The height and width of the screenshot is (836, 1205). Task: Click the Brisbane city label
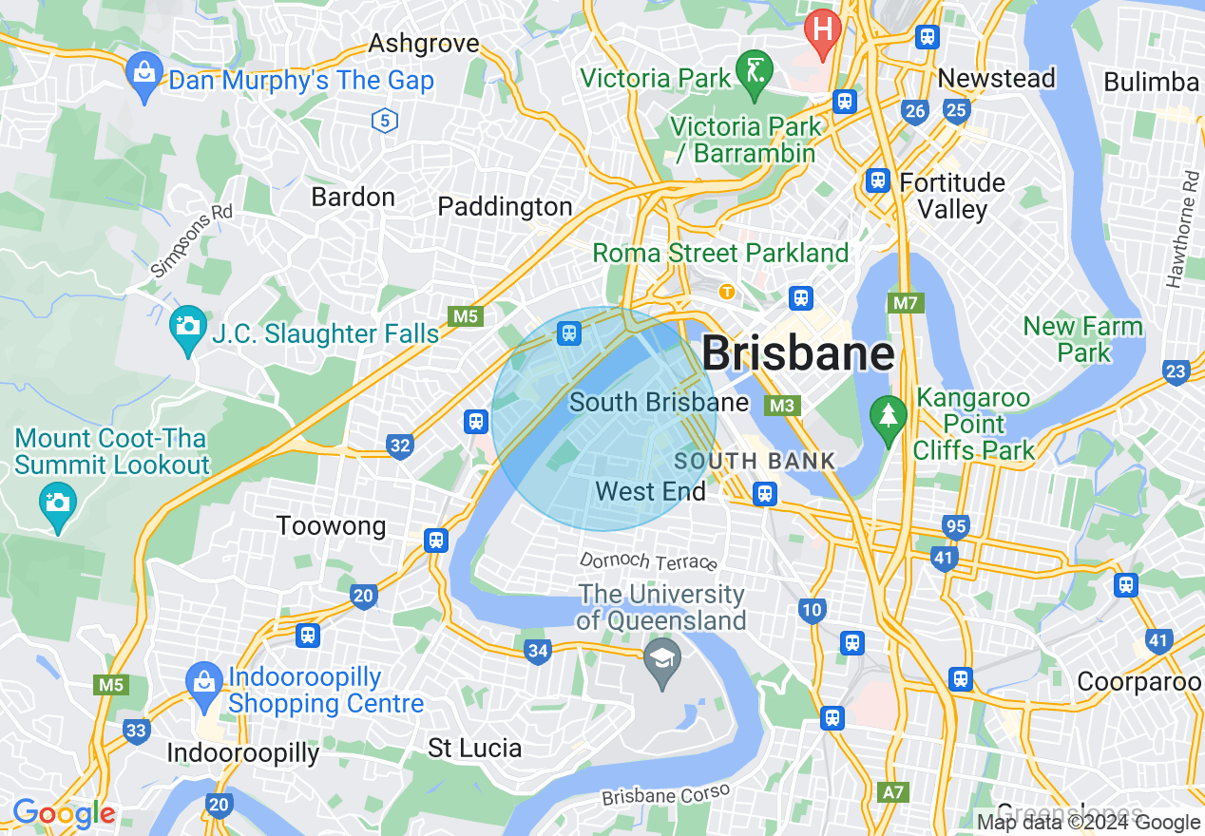point(797,354)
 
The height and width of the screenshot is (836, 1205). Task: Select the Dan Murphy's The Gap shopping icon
point(144,76)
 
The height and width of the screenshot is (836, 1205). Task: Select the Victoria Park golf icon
point(756,72)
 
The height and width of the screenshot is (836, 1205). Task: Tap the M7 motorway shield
point(904,304)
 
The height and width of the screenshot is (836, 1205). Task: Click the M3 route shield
point(782,406)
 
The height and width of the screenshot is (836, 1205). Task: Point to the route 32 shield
point(400,445)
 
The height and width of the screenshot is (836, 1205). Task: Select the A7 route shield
point(893,791)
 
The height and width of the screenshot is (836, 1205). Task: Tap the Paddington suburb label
point(505,206)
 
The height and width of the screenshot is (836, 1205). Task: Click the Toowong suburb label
point(331,525)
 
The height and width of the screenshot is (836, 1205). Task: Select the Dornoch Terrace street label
point(648,560)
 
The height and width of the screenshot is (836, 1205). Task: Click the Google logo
point(64,813)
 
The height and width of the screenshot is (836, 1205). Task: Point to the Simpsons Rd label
point(191,241)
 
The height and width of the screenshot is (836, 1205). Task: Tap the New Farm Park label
point(1083,339)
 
